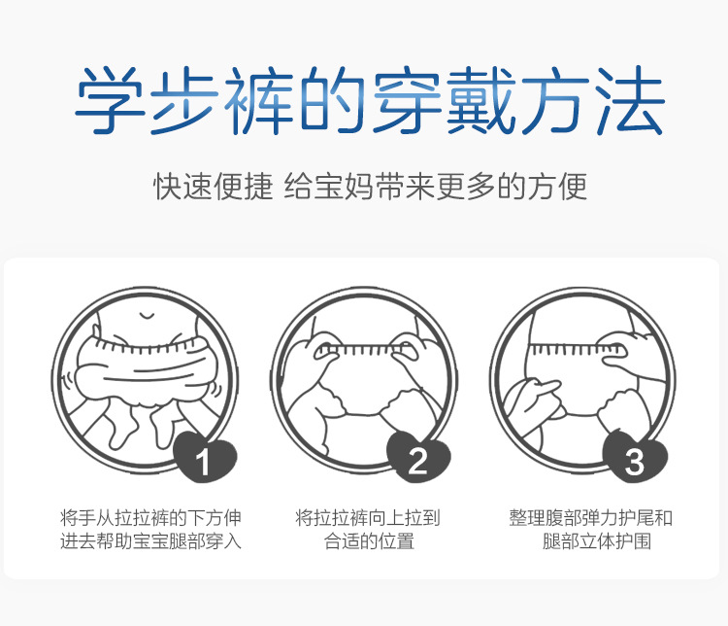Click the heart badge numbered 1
click(205, 456)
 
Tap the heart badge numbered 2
click(418, 456)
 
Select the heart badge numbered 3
click(635, 456)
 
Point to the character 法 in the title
click(631, 99)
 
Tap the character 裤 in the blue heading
click(258, 99)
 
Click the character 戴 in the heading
click(481, 99)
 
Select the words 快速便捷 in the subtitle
click(214, 187)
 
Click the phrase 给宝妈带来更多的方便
click(436, 187)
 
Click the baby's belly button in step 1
click(147, 316)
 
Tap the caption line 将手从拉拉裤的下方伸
click(150, 518)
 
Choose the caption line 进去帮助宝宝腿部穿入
click(150, 540)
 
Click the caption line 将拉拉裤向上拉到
click(368, 518)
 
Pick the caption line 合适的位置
click(369, 540)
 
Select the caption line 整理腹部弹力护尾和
click(590, 518)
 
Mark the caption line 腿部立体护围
click(597, 540)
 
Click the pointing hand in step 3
click(534, 400)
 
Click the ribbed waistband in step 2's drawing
click(366, 349)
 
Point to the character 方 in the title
click(556, 99)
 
